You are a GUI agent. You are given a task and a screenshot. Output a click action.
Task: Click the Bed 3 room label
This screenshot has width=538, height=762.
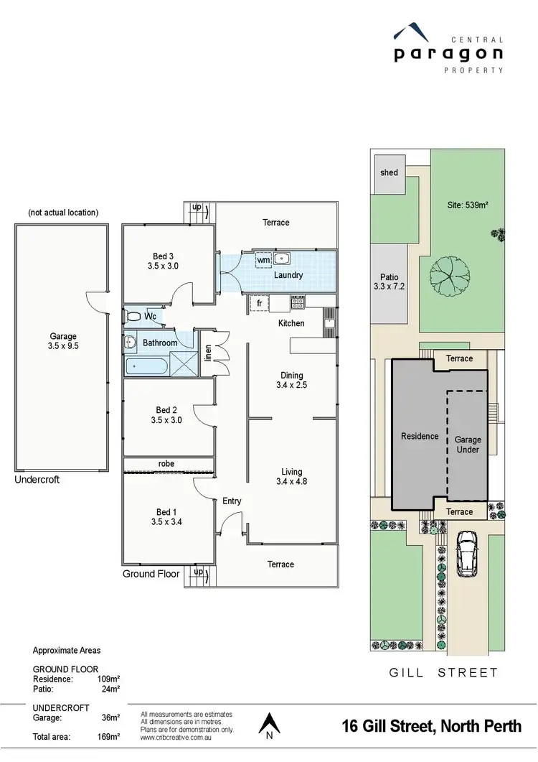pyautogui.click(x=163, y=261)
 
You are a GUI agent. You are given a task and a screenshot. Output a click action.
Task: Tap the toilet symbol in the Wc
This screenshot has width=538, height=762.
pyautogui.click(x=133, y=315)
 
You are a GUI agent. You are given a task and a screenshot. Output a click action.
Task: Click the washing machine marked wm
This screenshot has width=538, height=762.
pyautogui.click(x=263, y=260)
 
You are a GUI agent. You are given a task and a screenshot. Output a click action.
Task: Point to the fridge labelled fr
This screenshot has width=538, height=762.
pyautogui.click(x=259, y=303)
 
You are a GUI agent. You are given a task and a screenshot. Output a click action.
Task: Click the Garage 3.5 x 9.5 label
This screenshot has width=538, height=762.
pyautogui.click(x=62, y=341)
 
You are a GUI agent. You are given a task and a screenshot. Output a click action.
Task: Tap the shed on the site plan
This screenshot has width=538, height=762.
pyautogui.click(x=389, y=172)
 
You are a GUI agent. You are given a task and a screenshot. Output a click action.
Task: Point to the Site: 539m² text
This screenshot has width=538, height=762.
pyautogui.click(x=467, y=205)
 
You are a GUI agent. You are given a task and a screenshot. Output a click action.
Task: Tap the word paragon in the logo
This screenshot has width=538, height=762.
pyautogui.click(x=448, y=53)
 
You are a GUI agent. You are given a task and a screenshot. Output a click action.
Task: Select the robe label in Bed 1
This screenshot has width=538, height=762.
pyautogui.click(x=166, y=464)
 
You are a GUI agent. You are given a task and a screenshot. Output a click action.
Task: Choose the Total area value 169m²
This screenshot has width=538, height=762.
pyautogui.click(x=108, y=736)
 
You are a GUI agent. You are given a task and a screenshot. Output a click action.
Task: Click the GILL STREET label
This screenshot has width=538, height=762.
pyautogui.click(x=443, y=673)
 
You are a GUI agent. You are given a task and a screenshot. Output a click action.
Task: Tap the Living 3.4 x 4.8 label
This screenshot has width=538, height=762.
pyautogui.click(x=292, y=477)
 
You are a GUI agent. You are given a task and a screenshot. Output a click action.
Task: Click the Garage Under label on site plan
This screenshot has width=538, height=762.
pyautogui.click(x=468, y=445)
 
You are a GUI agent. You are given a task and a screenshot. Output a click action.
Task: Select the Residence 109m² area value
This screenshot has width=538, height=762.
pyautogui.click(x=108, y=679)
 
